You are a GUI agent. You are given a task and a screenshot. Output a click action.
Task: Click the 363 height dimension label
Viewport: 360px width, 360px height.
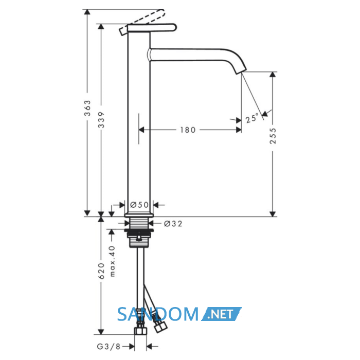[87, 108]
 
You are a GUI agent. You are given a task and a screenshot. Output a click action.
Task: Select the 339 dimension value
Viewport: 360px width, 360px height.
[101, 120]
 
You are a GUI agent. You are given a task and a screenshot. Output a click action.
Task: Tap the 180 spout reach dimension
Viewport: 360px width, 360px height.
[188, 130]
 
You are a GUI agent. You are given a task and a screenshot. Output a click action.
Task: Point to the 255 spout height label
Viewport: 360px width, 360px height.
[273, 136]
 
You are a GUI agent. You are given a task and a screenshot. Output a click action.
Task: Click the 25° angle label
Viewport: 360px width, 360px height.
[252, 118]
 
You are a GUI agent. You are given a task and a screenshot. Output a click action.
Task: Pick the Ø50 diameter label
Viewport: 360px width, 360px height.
[139, 205]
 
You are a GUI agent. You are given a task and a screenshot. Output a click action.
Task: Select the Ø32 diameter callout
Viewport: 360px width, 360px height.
[173, 224]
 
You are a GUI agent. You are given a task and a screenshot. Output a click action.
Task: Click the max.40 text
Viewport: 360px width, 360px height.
[112, 261]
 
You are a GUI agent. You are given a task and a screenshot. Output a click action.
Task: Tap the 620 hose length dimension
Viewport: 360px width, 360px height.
[101, 271]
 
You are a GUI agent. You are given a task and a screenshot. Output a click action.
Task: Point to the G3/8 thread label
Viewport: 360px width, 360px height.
[109, 347]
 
